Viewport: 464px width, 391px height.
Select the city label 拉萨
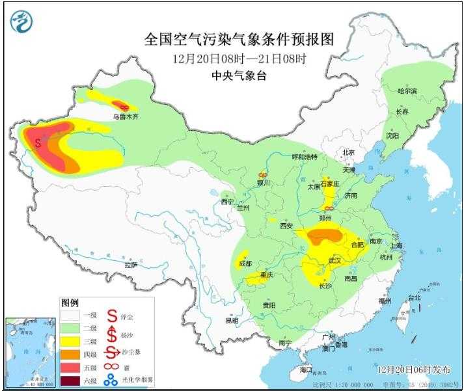131,265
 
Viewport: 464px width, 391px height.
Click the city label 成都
245,263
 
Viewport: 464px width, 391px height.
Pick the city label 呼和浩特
304,157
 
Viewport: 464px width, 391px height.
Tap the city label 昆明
232,320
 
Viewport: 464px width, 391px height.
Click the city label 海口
307,370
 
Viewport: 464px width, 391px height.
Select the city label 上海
394,246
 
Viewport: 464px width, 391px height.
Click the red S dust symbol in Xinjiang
38,141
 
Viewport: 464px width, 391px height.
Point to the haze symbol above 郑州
330,208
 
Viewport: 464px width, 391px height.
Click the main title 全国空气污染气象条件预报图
239,40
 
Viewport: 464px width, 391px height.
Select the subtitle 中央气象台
239,75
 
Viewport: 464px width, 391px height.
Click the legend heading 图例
70,303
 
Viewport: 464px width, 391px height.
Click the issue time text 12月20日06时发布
414,369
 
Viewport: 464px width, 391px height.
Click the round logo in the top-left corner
21,23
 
